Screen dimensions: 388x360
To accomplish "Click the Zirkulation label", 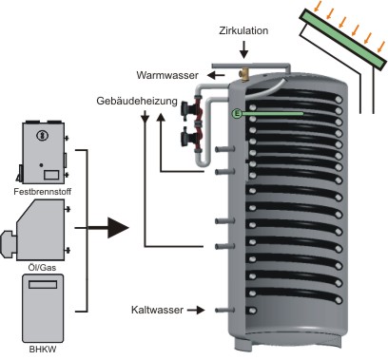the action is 243,30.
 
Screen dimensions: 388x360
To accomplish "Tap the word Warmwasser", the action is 167,75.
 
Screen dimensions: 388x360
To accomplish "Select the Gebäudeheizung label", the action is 137,101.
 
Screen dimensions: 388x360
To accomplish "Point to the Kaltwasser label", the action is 157,310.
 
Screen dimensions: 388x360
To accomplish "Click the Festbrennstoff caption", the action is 43,192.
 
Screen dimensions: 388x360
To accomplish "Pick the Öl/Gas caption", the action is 40,268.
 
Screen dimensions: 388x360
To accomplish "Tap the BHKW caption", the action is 43,350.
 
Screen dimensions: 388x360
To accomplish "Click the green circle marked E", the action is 237,113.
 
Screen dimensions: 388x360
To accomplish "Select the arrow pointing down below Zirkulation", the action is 243,50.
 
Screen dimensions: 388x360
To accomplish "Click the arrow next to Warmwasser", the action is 216,75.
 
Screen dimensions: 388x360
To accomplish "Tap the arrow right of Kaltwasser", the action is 196,310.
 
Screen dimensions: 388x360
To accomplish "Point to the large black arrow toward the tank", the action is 108,228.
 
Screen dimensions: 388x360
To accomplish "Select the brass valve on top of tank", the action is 244,73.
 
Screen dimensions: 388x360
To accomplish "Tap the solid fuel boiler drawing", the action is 42,153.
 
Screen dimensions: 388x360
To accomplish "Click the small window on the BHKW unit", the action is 43,284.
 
